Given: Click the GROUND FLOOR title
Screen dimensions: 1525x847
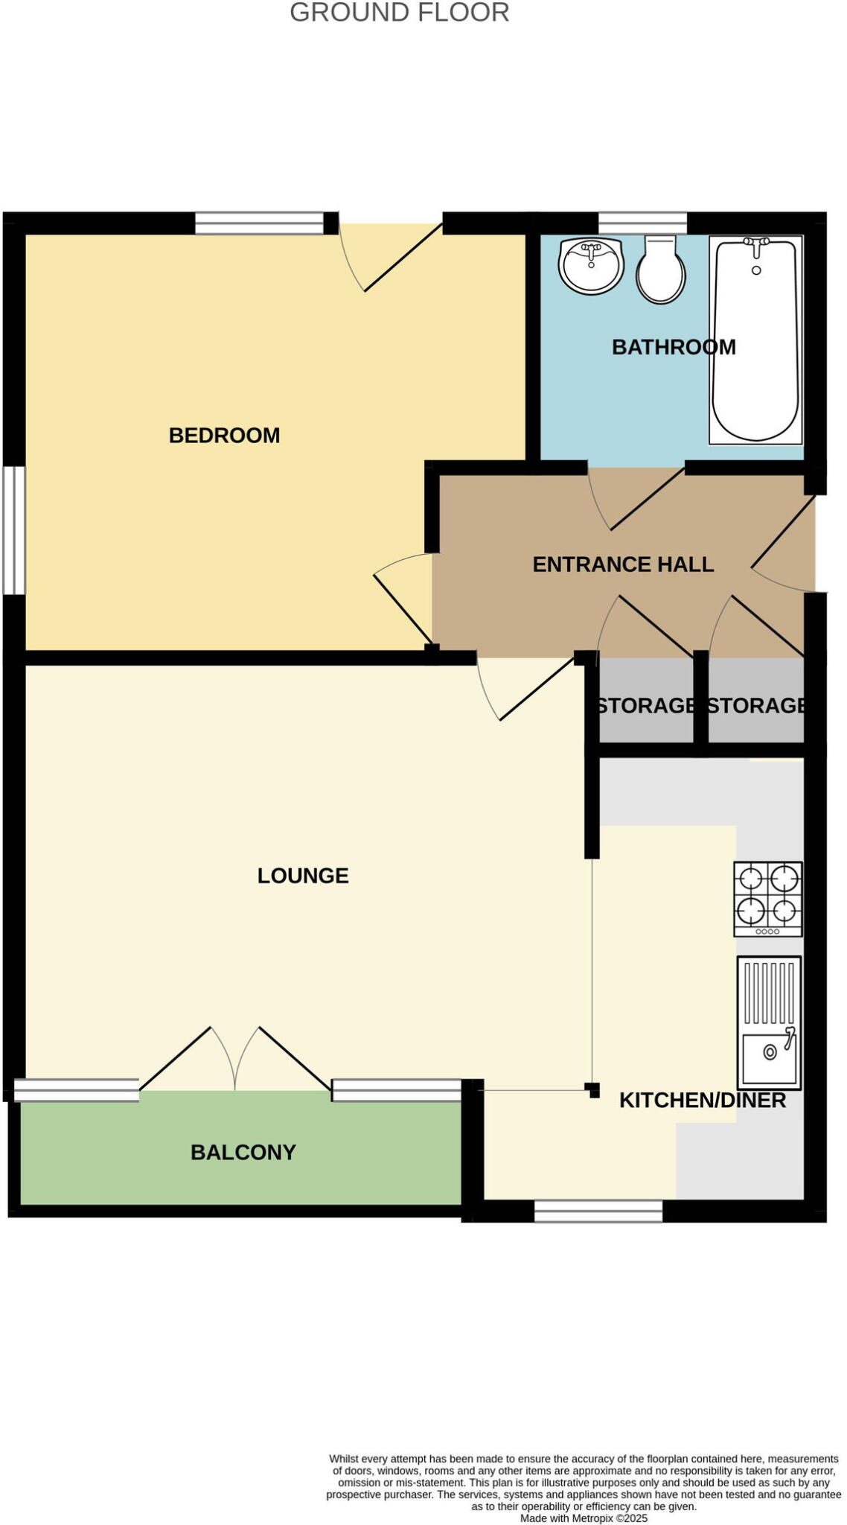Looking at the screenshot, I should pyautogui.click(x=399, y=13).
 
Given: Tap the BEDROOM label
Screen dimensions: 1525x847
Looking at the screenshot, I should pyautogui.click(x=224, y=436).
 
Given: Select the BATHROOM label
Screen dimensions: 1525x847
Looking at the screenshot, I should pyautogui.click(x=673, y=347).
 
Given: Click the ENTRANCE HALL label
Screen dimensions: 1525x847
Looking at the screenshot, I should pyautogui.click(x=623, y=564).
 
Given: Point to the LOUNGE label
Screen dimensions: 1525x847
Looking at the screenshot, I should pyautogui.click(x=303, y=876).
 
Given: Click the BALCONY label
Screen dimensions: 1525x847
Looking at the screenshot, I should pyautogui.click(x=243, y=1153).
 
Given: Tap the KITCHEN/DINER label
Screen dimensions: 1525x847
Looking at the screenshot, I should pyautogui.click(x=702, y=1101).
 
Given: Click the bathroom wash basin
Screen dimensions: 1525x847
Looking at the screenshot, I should pyautogui.click(x=591, y=265).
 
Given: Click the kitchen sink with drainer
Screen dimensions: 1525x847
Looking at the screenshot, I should pyautogui.click(x=769, y=1022).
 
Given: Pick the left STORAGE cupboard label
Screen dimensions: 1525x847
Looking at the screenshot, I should pyautogui.click(x=646, y=705).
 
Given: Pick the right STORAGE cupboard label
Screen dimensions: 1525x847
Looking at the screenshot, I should pyautogui.click(x=755, y=705).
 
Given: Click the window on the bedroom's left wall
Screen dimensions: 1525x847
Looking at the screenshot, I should pyautogui.click(x=14, y=530).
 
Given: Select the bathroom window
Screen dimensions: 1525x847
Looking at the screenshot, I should pyautogui.click(x=642, y=223).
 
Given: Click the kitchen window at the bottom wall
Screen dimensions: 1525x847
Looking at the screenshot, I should pyautogui.click(x=598, y=1212).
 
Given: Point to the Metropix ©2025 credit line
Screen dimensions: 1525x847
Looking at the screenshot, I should pyautogui.click(x=584, y=1518).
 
